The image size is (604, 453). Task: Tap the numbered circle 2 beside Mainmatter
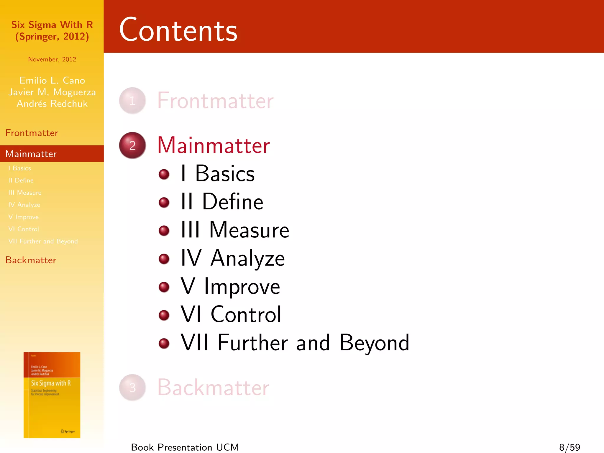tap(132, 145)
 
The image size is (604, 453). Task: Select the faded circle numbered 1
tap(132, 101)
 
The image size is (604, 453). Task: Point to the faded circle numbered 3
tap(132, 388)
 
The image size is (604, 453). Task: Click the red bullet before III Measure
tap(164, 231)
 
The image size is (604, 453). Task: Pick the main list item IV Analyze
tap(233, 258)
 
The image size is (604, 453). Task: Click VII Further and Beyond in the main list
tap(295, 343)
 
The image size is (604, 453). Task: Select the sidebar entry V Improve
tap(24, 217)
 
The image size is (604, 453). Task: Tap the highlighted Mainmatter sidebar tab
tap(31, 154)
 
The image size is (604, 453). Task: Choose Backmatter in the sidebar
tap(31, 260)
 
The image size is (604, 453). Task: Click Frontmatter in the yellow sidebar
tap(32, 133)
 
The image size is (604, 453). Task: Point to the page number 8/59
tap(569, 447)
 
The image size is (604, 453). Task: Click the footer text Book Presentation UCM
tap(185, 447)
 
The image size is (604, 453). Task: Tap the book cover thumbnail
tap(52, 395)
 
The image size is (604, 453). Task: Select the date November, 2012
tap(52, 59)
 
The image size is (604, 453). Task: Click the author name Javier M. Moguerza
tap(52, 92)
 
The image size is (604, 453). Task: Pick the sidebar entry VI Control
tap(24, 229)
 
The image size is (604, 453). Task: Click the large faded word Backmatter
tap(213, 388)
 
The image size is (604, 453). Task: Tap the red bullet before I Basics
tap(164, 174)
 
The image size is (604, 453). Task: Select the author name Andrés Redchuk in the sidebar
tap(52, 104)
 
